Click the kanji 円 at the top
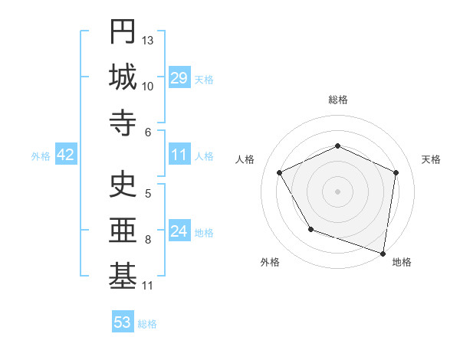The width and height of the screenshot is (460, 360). click(123, 32)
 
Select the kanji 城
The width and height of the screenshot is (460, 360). click(123, 78)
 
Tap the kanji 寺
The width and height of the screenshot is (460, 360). click(123, 124)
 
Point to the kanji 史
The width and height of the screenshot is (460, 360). click(123, 185)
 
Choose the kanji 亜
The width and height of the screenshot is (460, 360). click(123, 231)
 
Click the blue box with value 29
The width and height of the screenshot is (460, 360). click(179, 78)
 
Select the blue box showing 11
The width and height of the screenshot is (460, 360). click(179, 155)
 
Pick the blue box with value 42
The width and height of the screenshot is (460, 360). click(66, 155)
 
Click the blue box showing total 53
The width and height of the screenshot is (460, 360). click(123, 322)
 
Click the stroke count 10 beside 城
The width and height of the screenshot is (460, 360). click(148, 86)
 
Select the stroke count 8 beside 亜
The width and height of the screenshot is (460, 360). click(148, 239)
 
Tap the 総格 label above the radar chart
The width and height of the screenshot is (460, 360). click(338, 100)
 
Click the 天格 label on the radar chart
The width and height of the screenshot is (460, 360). click(432, 159)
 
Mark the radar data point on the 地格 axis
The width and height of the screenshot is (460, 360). click(383, 253)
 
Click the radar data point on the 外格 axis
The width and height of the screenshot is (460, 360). click(310, 229)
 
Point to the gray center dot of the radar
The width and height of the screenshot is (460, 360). click(338, 191)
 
